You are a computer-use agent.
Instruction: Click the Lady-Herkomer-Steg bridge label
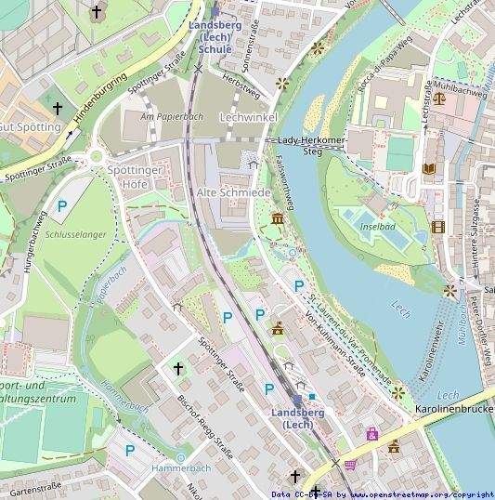coord(312,141)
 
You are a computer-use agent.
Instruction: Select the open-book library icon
coord(428,168)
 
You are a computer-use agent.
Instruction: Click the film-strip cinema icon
coord(438,226)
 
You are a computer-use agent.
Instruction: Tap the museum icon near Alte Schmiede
coord(277,218)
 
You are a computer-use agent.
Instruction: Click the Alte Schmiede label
coord(233,191)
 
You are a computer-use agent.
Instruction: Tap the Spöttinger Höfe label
coord(136,178)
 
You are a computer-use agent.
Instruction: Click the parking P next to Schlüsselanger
coord(62,206)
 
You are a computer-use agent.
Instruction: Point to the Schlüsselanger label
coord(75,235)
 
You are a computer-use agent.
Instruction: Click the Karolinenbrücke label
coord(453,409)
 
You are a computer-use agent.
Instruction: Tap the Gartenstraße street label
coord(35,487)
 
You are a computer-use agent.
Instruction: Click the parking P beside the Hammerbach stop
coord(130,451)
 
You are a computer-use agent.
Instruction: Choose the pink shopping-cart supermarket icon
coord(350,464)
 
